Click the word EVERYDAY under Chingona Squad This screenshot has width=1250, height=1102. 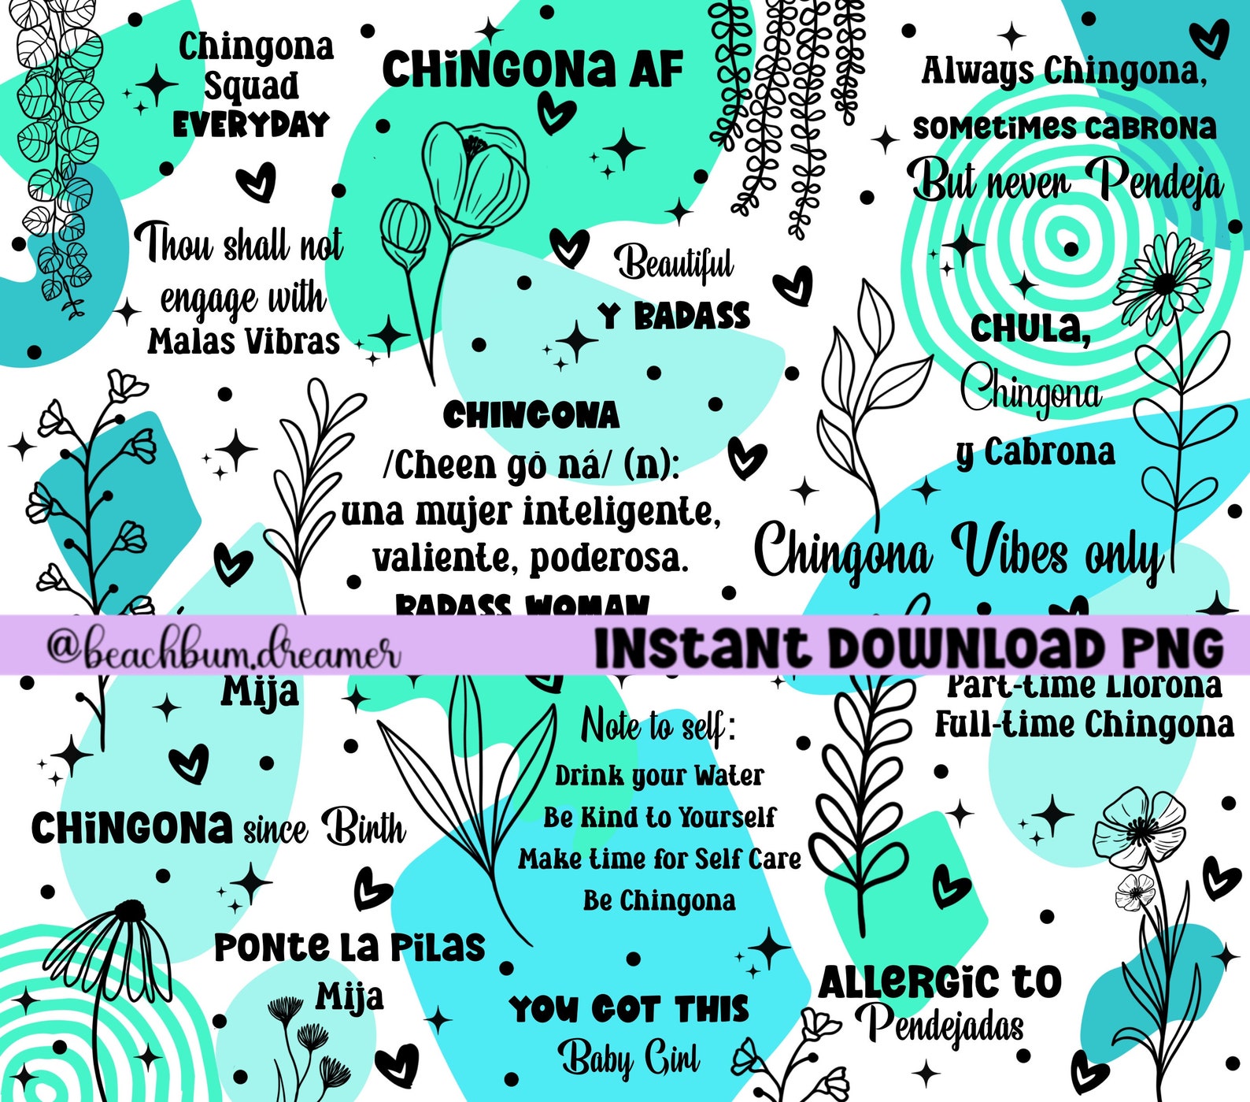250,125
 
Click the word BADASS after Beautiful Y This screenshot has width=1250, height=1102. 692,317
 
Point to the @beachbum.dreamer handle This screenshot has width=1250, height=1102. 223,650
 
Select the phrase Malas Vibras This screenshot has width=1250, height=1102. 243,342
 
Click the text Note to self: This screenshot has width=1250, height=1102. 659,726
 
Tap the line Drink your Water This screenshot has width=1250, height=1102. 659,776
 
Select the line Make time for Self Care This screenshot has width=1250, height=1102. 659,858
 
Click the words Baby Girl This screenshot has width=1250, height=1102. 629,1058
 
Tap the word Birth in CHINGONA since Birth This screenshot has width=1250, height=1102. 364,829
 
